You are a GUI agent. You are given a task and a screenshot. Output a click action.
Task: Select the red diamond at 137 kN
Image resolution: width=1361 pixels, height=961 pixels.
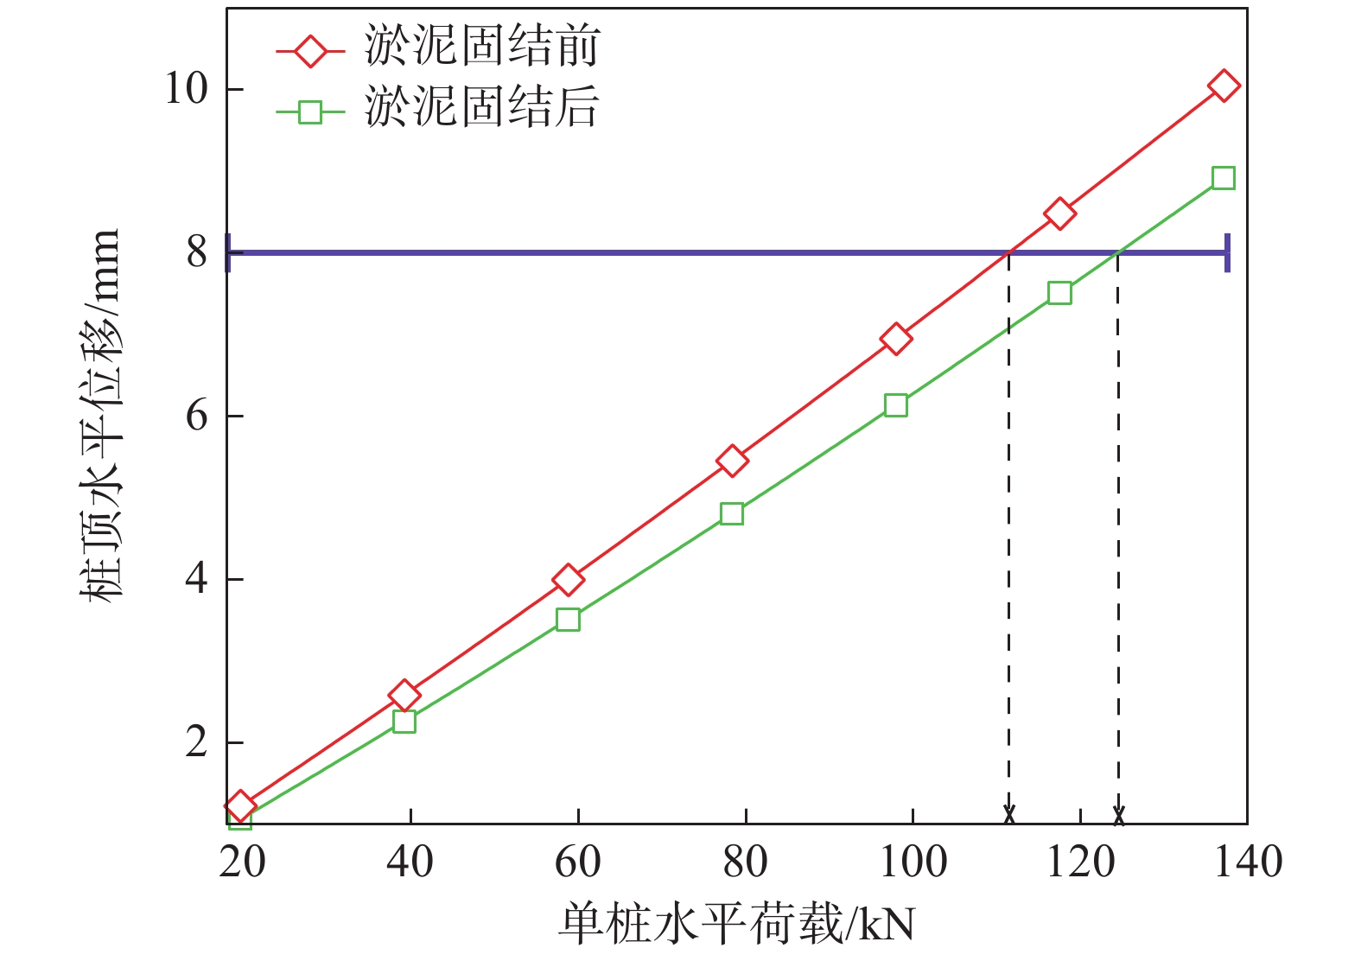tap(1224, 86)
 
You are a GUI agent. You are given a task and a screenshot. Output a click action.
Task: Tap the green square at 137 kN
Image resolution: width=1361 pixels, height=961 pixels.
tap(1223, 178)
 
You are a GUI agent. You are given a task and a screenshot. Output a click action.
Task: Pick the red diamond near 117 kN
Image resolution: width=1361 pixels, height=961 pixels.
tap(1059, 213)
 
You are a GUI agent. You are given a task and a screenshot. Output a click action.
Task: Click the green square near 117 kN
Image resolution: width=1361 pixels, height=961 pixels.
tap(1059, 293)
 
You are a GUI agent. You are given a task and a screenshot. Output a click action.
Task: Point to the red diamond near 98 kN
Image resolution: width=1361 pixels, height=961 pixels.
tap(896, 339)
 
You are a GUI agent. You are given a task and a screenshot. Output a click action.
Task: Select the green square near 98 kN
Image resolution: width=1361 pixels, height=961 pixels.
tap(896, 405)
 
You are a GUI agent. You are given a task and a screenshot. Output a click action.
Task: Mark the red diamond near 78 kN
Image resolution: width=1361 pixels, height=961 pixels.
tap(732, 461)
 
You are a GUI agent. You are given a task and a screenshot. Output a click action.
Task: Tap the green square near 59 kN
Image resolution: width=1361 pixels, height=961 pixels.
tap(568, 620)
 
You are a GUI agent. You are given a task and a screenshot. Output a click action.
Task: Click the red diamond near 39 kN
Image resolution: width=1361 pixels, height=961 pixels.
tap(404, 695)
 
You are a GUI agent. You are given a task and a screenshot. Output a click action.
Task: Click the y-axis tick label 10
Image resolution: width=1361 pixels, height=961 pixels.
tap(187, 89)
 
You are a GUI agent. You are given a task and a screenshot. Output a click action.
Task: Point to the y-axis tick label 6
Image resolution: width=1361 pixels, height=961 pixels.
tap(197, 416)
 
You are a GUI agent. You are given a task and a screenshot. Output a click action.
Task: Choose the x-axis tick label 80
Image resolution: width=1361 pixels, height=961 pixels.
tap(745, 862)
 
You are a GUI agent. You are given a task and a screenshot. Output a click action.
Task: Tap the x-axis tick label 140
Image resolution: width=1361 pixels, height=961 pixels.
tap(1248, 862)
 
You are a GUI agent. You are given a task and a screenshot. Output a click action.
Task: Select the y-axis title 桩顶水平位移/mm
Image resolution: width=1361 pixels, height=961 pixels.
tap(102, 416)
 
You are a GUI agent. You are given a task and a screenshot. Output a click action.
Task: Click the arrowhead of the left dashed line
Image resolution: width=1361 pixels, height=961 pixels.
tap(1008, 815)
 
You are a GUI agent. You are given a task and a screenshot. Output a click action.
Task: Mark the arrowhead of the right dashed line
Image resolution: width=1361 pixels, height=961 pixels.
tap(1118, 815)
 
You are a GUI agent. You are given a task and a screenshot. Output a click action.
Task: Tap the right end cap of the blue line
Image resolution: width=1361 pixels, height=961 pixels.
tap(1227, 253)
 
